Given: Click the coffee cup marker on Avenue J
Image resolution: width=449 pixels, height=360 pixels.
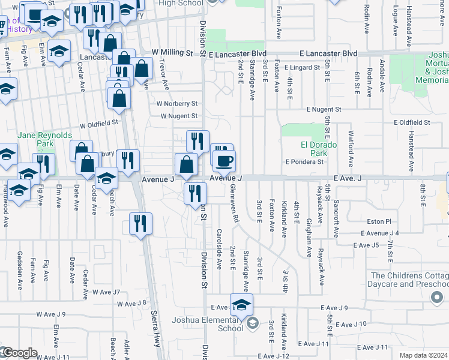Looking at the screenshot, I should [x=224, y=161].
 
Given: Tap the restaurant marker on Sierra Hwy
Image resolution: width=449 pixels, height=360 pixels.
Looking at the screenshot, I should [x=140, y=224].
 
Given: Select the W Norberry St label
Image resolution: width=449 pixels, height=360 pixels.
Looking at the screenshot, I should [x=177, y=103].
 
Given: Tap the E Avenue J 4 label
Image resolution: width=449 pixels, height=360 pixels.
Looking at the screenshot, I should [x=380, y=233].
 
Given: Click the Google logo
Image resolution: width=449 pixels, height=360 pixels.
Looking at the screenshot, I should [x=19, y=353].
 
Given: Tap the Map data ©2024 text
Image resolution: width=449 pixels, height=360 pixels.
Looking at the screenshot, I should [x=424, y=355].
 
